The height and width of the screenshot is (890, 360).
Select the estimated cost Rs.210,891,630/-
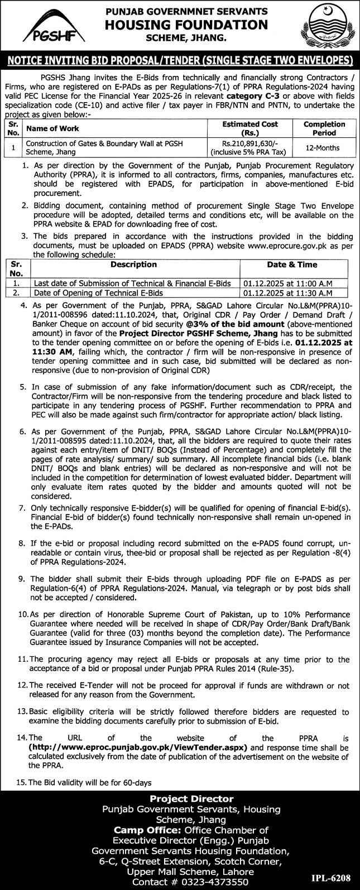click(250, 143)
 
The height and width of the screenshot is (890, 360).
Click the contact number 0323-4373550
click(212, 880)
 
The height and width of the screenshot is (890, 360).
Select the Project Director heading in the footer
click(180, 798)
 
